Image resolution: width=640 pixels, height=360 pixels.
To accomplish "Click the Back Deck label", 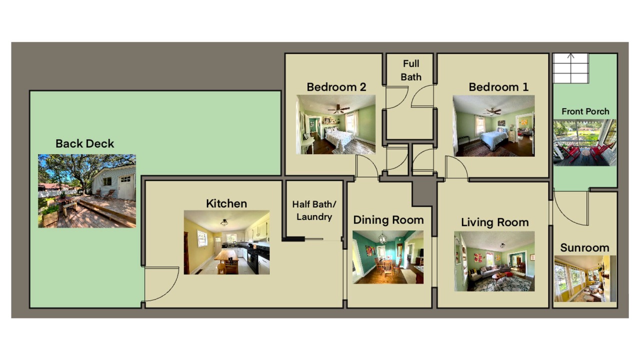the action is point(84,143).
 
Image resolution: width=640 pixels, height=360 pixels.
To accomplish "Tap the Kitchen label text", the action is point(226,203).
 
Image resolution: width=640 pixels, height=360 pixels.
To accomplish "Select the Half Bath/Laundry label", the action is point(314,210).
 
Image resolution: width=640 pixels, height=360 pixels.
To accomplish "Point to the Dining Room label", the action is point(388,220).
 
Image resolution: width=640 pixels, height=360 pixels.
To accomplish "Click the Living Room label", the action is point(495,222).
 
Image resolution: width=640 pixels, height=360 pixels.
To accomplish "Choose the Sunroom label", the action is point(584,247).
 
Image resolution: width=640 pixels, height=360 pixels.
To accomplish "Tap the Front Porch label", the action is point(585,111).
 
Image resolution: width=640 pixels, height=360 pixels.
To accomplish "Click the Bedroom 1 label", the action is point(498,87).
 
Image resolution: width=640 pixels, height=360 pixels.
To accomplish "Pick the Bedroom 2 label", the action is point(336,87).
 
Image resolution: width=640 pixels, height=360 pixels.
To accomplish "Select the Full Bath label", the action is point(411,70).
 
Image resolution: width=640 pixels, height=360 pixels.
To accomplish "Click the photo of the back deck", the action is point(87,191).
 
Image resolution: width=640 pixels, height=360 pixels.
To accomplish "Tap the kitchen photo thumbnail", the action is point(226,242).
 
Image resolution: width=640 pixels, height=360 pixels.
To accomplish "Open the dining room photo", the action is point(388,257).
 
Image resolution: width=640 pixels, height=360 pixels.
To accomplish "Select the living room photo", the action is point(494,261).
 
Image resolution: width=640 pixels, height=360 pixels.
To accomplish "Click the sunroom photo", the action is point(585,279).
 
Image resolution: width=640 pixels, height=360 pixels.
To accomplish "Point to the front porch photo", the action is point(584,142).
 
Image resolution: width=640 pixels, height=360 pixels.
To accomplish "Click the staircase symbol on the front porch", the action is point(571,68).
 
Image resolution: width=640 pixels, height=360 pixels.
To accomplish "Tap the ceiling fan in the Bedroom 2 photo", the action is point(338,109).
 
